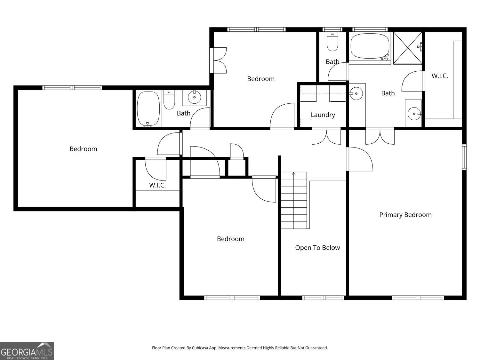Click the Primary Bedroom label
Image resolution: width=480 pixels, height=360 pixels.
point(405,215)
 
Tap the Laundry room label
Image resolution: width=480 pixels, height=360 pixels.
point(323,115)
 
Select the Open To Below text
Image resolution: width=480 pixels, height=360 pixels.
point(317,248)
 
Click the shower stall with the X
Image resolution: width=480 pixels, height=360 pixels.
point(407,48)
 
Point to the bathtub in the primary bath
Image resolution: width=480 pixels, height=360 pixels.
point(370,46)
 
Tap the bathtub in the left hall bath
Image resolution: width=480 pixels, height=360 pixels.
point(148,109)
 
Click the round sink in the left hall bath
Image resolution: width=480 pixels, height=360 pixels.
point(194,97)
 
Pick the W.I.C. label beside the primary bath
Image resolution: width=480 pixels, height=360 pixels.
point(440,76)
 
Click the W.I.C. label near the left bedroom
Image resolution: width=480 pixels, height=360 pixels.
point(157,185)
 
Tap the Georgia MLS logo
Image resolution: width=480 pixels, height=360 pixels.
point(27,351)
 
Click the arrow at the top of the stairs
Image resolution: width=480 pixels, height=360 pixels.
point(293,174)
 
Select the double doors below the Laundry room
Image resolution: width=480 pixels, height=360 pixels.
point(326,136)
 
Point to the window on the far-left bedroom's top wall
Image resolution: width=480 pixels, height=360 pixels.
point(72,88)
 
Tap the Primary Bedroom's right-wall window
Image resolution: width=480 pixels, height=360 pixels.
point(464,157)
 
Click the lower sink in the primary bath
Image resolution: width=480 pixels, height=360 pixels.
point(414,113)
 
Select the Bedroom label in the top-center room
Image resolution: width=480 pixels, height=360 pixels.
point(260,79)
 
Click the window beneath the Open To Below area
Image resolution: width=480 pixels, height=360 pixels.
point(323,298)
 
